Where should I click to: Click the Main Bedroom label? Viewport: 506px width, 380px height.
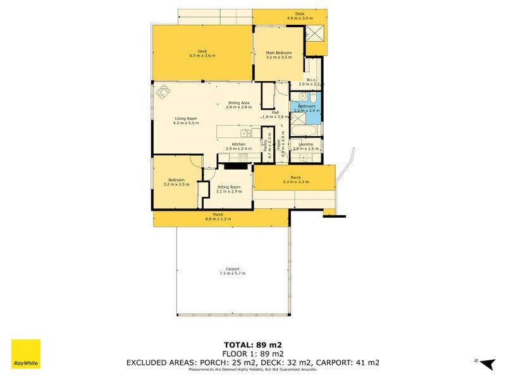click(278, 53)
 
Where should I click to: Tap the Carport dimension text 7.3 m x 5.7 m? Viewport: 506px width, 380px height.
click(232, 273)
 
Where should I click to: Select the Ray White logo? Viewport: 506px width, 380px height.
click(26, 354)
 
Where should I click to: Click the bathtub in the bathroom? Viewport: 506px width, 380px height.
click(307, 130)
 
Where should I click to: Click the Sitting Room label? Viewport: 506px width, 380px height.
click(228, 187)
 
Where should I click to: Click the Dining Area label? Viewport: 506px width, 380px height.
click(238, 103)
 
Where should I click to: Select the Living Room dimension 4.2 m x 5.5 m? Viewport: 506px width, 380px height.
click(186, 123)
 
